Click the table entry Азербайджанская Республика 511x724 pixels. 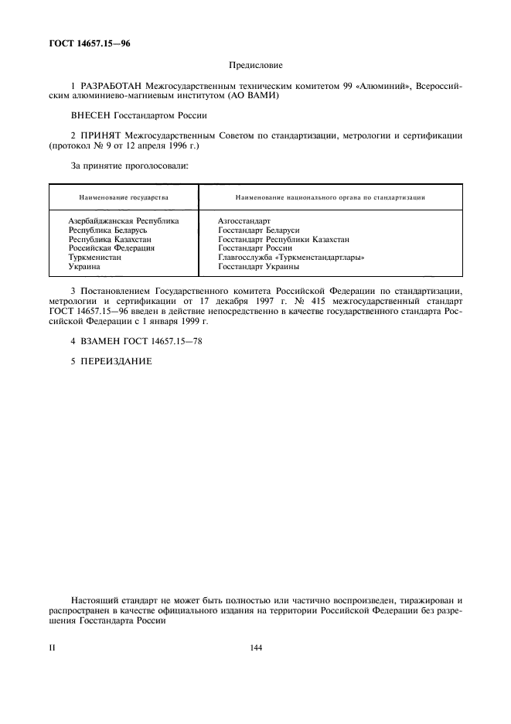point(123,221)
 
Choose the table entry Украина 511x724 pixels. point(84,267)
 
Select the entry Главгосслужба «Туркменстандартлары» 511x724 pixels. point(291,258)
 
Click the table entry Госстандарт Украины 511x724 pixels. point(258,267)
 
